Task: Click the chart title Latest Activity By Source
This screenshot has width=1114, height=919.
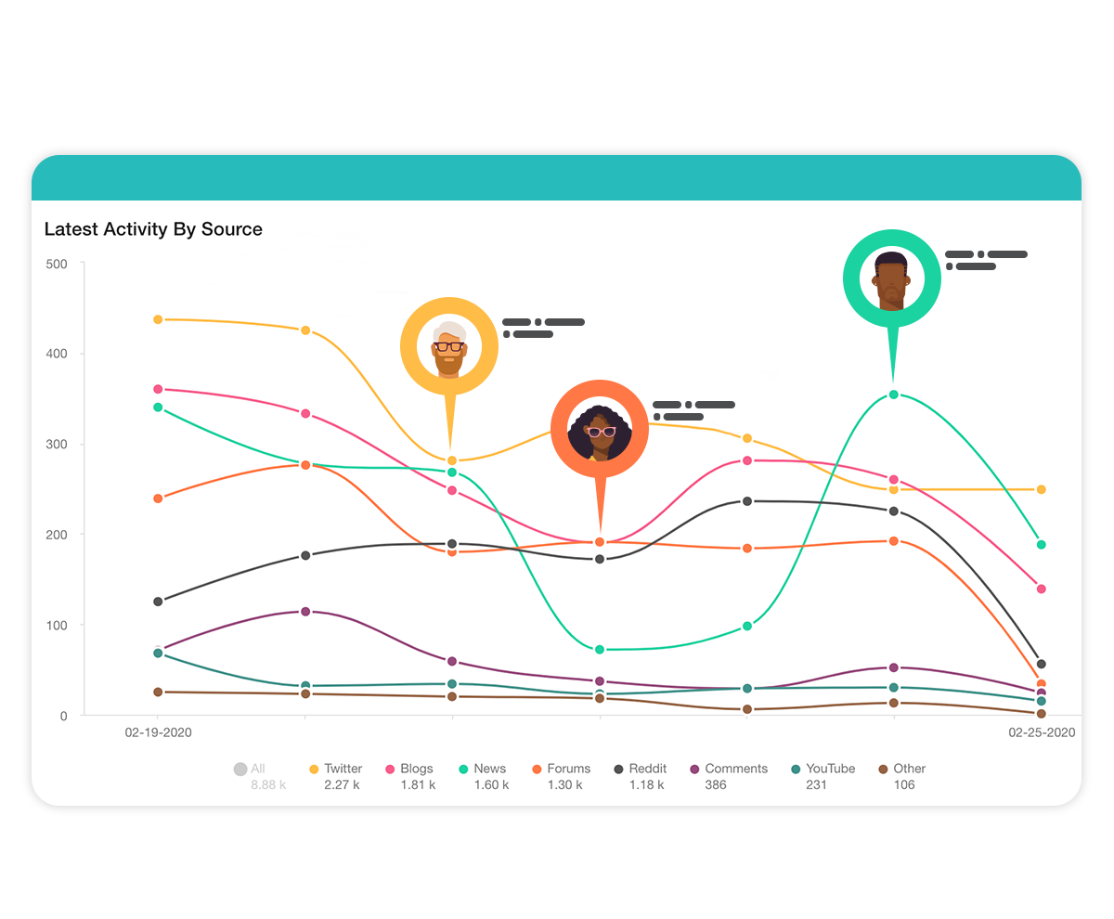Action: pos(153,229)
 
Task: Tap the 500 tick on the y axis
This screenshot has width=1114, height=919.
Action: pos(57,264)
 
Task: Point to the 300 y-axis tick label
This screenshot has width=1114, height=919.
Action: pos(57,445)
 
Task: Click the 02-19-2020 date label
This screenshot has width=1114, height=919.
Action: pos(158,732)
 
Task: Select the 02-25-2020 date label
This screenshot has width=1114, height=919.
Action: pos(1042,732)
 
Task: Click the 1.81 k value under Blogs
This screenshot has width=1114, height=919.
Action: pos(416,785)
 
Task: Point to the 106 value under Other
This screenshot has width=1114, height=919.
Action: pos(904,785)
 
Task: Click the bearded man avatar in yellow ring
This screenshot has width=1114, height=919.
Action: pos(449,346)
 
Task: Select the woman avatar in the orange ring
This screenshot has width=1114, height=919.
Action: pos(600,429)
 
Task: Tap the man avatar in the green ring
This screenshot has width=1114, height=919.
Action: pos(891,278)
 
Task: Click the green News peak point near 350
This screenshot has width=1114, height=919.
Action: pos(893,395)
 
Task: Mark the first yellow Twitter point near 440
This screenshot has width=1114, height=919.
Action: pos(158,319)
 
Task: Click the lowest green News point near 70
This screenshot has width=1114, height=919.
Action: pos(600,650)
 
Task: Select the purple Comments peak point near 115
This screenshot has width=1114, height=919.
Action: pos(305,612)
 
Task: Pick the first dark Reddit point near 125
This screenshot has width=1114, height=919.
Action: pos(158,602)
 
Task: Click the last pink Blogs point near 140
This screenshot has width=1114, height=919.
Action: pos(1041,589)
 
